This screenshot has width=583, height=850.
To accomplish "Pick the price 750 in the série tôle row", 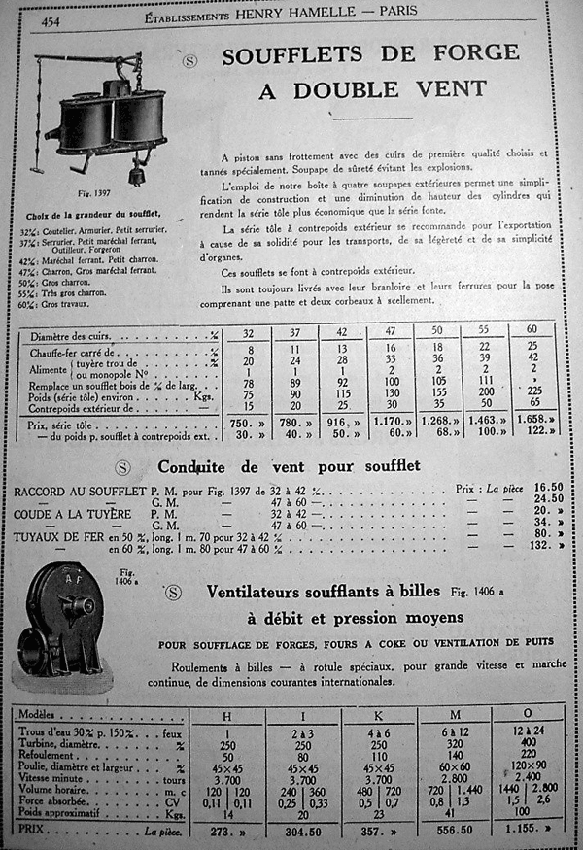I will coord(245,424).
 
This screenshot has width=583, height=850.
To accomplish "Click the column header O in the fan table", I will coord(527,716).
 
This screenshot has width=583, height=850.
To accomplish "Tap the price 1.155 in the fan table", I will coord(525,833).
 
